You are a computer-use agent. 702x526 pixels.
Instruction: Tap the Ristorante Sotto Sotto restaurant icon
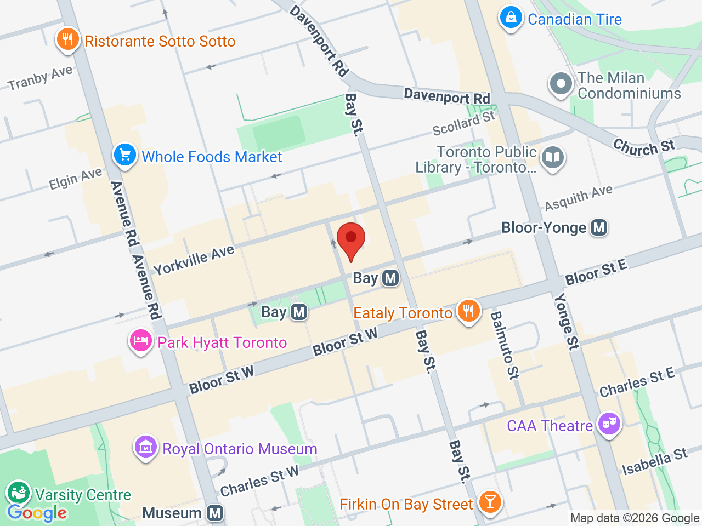[67, 39]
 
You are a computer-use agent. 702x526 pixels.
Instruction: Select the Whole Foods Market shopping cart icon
[125, 156]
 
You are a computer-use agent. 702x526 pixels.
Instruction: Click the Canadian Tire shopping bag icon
[511, 18]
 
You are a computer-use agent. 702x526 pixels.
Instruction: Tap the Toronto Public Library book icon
[553, 158]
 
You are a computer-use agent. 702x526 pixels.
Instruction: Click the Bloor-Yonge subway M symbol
[599, 227]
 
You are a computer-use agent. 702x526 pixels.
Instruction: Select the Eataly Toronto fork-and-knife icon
[468, 312]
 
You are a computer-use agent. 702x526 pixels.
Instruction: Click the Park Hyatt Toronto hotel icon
[141, 341]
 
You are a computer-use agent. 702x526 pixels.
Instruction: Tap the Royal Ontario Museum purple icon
[146, 448]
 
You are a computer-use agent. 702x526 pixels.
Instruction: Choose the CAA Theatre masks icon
[609, 424]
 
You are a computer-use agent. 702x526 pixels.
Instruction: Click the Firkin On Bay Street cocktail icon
[490, 502]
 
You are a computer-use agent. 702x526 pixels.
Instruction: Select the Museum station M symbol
[215, 513]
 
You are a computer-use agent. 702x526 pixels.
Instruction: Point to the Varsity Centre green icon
[19, 493]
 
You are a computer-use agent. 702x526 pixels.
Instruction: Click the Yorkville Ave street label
[194, 260]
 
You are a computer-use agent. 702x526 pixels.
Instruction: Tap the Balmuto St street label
[503, 345]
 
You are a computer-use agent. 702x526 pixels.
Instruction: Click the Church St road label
[644, 147]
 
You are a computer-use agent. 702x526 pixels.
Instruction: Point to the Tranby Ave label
[40, 78]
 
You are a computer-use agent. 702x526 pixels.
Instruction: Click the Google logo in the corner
[37, 513]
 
